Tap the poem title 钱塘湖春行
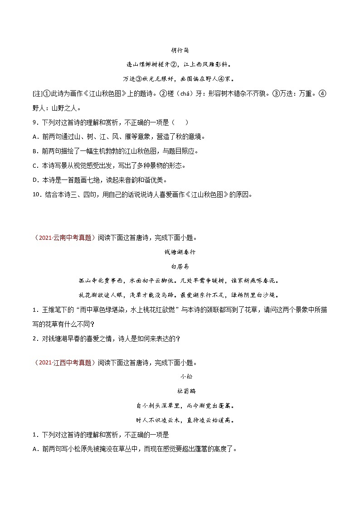180,252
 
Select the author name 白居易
180,267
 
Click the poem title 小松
180,376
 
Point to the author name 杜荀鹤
180,391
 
